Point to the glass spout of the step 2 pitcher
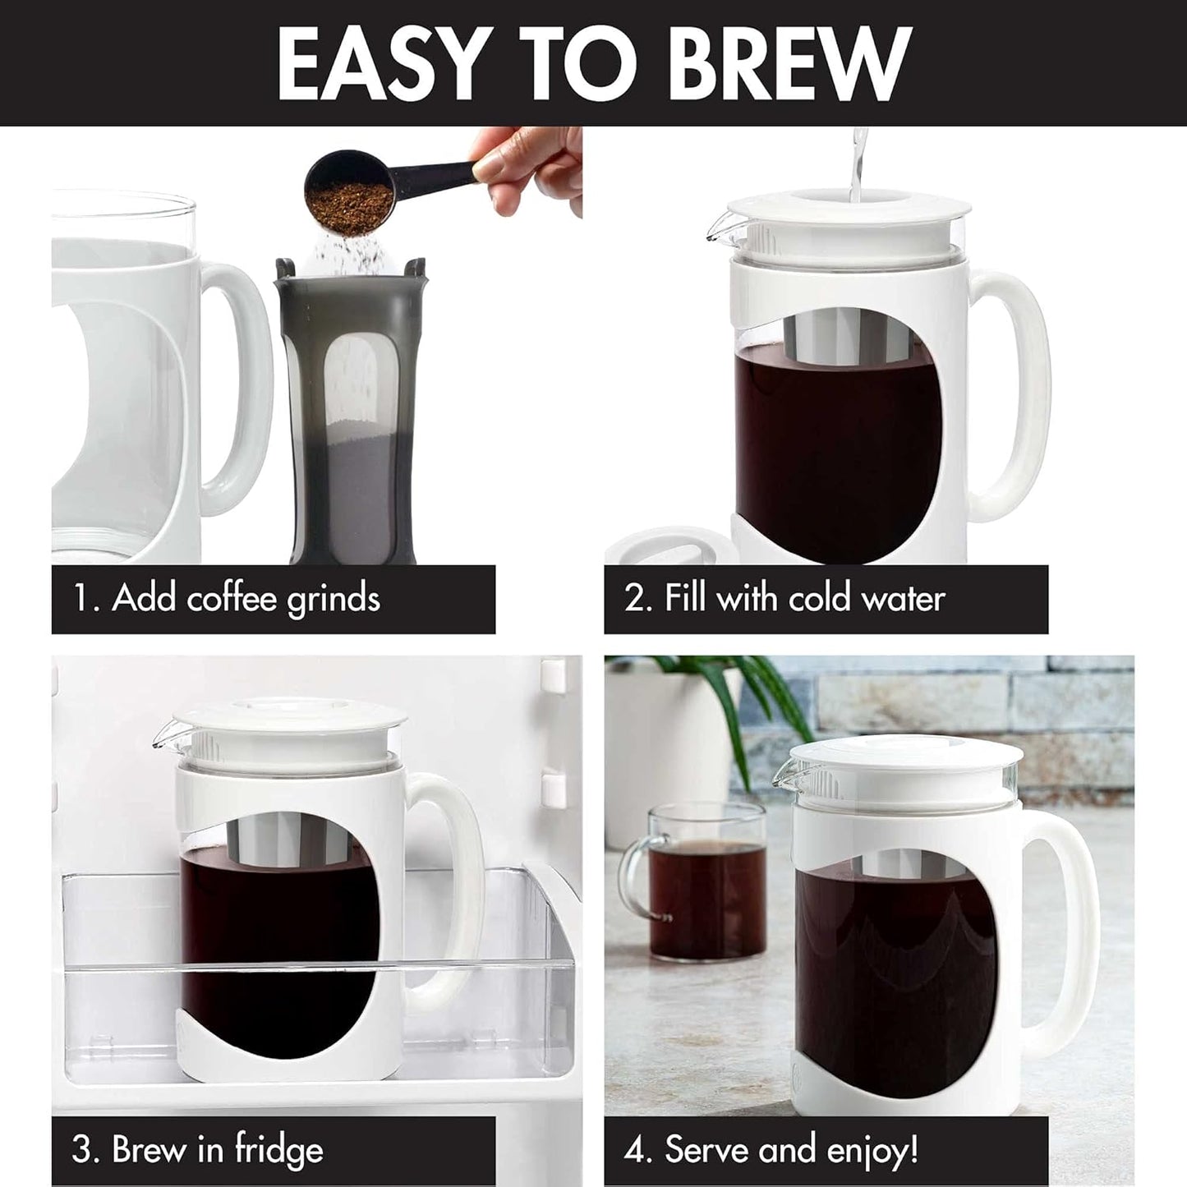pyautogui.click(x=717, y=223)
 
